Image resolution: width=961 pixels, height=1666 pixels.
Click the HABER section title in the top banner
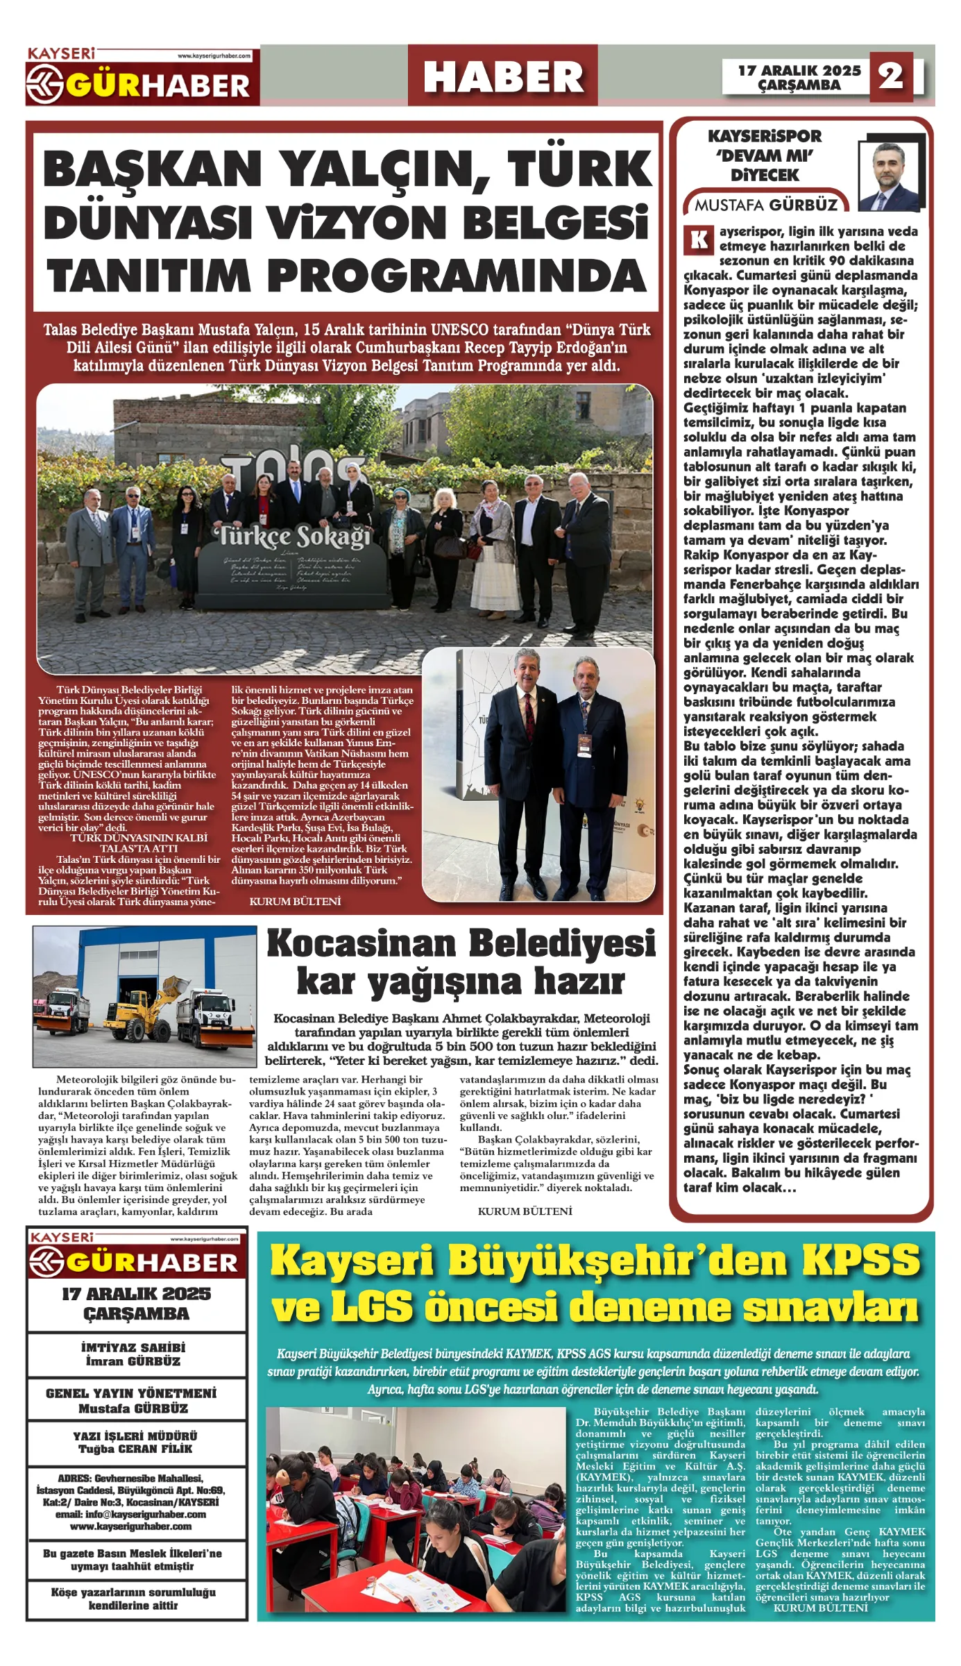click(x=503, y=76)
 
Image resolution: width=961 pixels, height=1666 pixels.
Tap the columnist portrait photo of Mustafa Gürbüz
click(x=890, y=177)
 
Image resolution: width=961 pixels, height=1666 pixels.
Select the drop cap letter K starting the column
click(x=699, y=240)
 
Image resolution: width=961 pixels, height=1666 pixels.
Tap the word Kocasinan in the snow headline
click(x=361, y=943)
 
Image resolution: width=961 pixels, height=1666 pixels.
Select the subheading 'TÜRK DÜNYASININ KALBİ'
click(x=139, y=838)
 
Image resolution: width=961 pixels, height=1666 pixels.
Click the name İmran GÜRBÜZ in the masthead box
click(x=133, y=1361)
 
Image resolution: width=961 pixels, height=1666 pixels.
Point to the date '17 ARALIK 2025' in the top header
click(x=799, y=70)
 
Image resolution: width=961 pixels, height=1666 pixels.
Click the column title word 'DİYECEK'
click(x=765, y=175)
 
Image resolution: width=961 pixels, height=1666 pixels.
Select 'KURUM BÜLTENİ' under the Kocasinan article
click(x=525, y=1211)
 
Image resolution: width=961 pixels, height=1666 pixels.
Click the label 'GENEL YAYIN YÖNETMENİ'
click(x=131, y=1393)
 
